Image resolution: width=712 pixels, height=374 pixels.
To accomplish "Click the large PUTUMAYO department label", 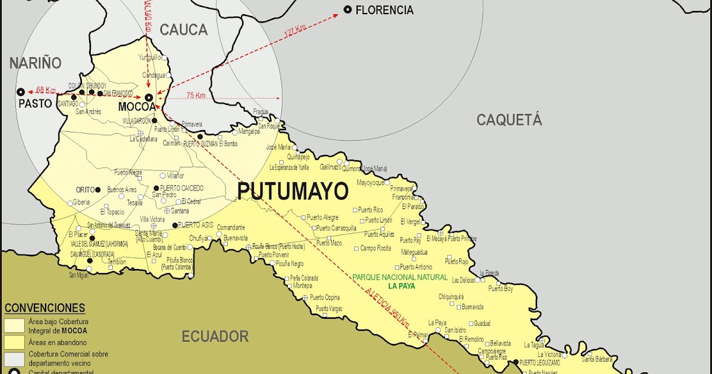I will coord(293,191).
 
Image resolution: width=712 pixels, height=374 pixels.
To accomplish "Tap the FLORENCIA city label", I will coord(384,10).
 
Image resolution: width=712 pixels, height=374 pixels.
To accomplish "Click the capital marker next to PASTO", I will coord(21,92).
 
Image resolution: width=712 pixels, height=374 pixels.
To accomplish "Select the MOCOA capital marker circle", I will coord(149,97).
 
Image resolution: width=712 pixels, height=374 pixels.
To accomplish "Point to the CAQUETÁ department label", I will coord(509,120).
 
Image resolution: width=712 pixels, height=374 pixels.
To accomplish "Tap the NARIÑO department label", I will coord(36,63).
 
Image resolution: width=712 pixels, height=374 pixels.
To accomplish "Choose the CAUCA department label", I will coord(184,30).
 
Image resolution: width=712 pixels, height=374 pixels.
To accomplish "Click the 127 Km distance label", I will coord(295,33).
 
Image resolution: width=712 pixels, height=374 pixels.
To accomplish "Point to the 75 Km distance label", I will coord(196,96).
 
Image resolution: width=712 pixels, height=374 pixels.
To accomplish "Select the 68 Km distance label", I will coord(46,90).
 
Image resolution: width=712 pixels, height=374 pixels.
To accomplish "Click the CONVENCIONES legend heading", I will coord(44,308).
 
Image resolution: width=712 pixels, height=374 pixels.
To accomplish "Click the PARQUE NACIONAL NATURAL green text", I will coord(400,277).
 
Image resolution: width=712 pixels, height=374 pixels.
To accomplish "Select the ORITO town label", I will coord(85,189).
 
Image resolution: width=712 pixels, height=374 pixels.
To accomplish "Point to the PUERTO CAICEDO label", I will coord(182,188).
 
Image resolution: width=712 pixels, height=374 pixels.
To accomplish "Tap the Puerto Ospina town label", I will coord(325,297).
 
